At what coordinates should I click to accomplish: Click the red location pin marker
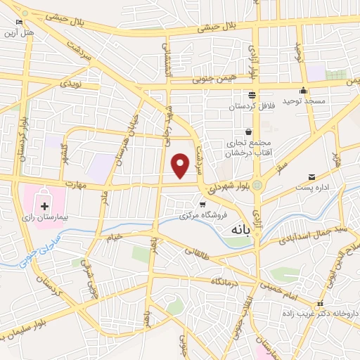[181, 165]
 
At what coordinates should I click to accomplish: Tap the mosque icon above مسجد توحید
[304, 90]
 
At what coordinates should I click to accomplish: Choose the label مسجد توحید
[304, 102]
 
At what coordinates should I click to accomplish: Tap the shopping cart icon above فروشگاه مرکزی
[202, 204]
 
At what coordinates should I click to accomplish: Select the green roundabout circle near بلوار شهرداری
[257, 185]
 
